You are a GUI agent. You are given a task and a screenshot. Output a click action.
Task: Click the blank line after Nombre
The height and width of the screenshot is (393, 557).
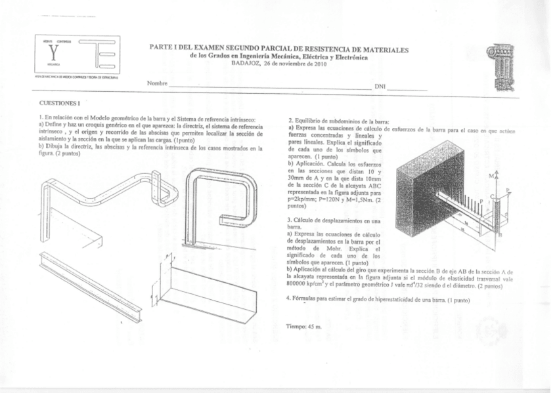(x=269, y=87)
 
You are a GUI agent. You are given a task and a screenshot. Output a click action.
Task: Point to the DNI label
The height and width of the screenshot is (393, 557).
(x=380, y=87)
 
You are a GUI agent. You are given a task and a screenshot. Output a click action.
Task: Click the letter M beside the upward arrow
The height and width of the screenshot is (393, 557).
(x=492, y=176)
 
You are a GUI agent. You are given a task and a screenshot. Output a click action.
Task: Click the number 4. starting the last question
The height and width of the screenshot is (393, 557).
(x=289, y=299)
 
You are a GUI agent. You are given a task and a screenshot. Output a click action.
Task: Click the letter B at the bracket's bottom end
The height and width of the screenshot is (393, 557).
(x=501, y=234)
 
